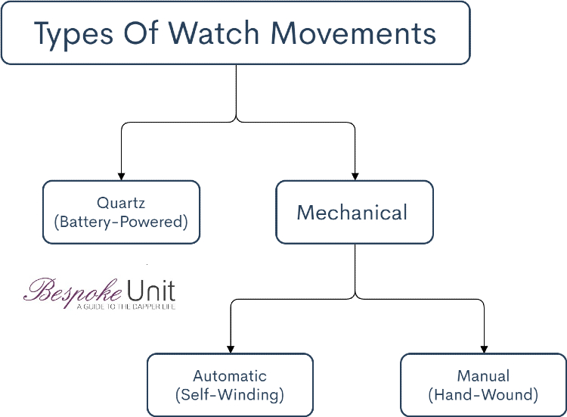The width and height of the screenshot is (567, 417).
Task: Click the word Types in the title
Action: (73, 33)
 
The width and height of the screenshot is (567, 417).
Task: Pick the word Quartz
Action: (121, 203)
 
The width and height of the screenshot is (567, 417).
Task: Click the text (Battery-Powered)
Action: (121, 222)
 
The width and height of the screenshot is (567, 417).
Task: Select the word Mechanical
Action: (352, 213)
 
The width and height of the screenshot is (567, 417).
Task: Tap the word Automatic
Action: (230, 376)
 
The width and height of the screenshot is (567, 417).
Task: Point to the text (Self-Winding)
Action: (230, 394)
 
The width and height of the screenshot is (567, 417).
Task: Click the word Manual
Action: (483, 376)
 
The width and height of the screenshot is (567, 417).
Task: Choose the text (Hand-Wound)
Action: (483, 394)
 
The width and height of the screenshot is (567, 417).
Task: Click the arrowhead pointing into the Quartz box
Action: (122, 175)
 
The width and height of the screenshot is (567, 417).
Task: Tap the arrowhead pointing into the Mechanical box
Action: (355, 175)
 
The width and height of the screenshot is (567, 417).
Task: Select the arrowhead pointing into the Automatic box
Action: (231, 348)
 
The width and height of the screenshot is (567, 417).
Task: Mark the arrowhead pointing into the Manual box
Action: (483, 348)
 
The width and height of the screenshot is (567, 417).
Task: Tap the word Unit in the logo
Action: (151, 290)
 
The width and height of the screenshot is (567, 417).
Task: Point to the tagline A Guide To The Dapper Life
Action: (125, 307)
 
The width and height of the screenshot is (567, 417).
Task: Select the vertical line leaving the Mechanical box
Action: (355, 269)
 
